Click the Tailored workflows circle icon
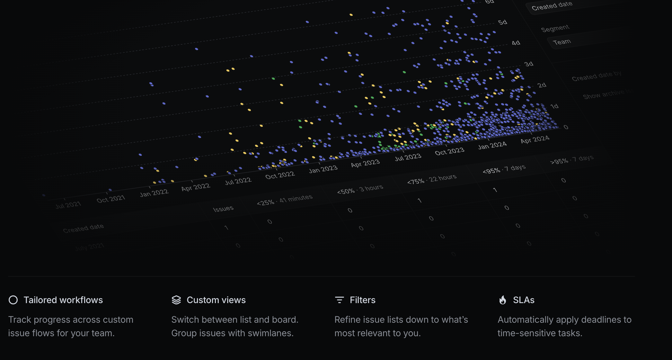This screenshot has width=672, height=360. coord(13,300)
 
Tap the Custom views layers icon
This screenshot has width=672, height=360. coord(176,300)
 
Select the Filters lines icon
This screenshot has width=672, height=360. coord(340,300)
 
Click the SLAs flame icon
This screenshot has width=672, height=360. coord(503,300)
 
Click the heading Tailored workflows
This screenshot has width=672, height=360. coord(63,300)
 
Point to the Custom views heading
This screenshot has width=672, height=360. coord(216,300)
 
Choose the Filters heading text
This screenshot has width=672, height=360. coord(363,300)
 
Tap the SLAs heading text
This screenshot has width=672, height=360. coord(524,300)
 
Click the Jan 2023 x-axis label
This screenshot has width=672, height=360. coord(323,169)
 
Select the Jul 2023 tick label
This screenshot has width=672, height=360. coord(408,157)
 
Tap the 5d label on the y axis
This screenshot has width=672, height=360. coord(503,22)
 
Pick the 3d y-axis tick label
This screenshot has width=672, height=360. coord(529,64)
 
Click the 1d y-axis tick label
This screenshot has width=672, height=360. coord(554,106)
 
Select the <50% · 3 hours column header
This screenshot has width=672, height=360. coord(360,189)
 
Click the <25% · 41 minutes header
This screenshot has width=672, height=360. coord(285,200)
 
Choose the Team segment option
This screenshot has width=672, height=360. coord(562,42)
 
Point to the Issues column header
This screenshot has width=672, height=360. coord(223,209)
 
